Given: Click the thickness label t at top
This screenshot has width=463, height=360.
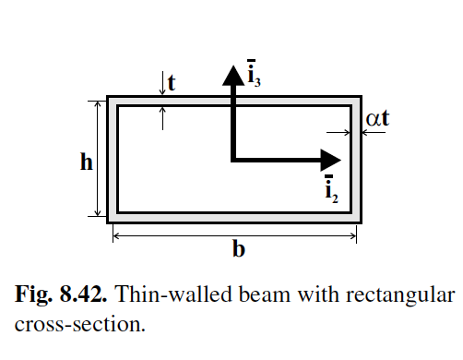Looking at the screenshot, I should click(x=172, y=82).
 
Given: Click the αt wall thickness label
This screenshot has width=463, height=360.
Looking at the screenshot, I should click(x=378, y=120).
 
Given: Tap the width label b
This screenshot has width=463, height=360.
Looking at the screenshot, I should click(x=238, y=250).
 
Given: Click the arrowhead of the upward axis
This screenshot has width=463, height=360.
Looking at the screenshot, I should click(x=232, y=74).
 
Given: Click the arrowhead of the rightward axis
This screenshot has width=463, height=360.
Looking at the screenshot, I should click(x=329, y=160).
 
